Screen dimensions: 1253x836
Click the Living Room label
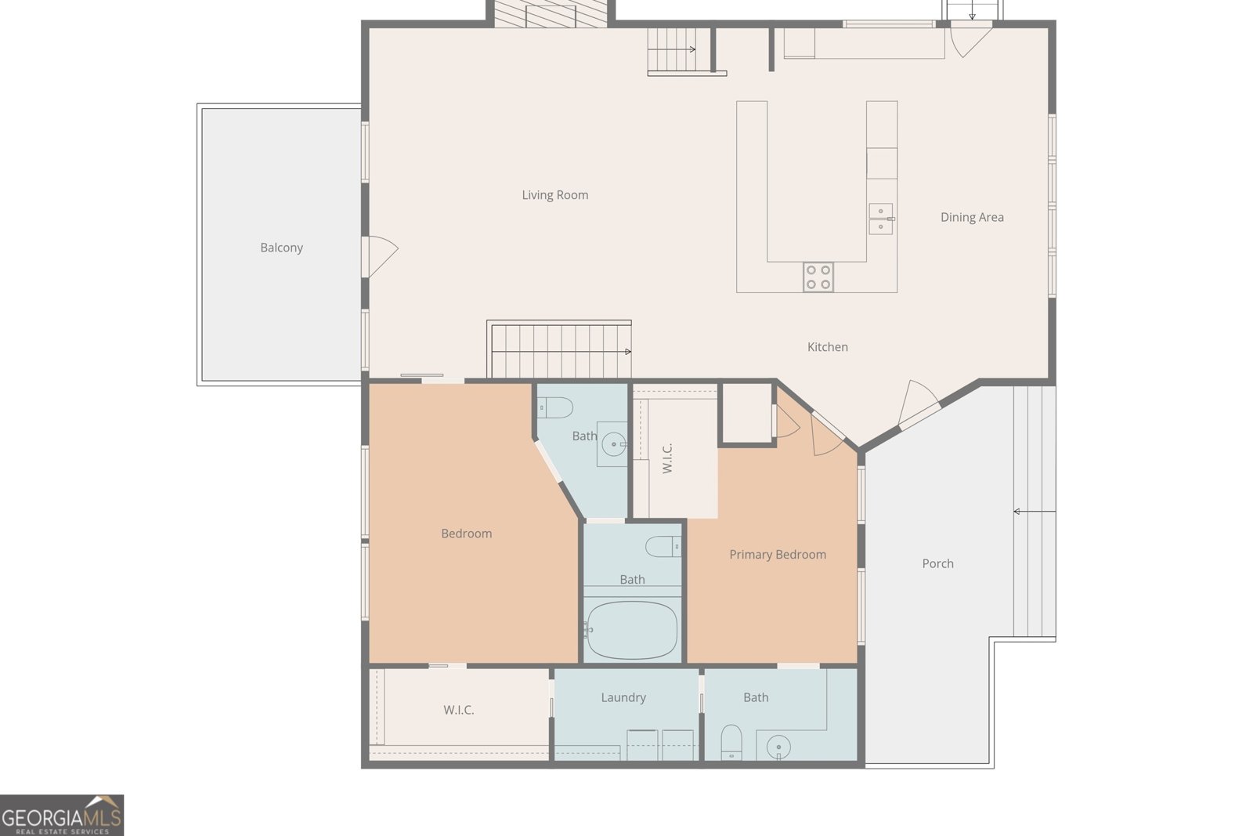tap(555, 195)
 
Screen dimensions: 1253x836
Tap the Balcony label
tap(281, 248)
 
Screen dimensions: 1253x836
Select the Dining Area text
tap(972, 217)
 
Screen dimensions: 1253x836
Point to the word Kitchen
tap(827, 347)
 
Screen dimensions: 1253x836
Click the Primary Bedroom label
tap(778, 555)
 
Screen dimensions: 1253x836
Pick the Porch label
tap(937, 563)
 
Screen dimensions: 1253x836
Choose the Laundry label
tap(623, 698)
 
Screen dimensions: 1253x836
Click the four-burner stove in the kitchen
tap(818, 277)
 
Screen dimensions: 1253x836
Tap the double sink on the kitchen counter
tap(881, 219)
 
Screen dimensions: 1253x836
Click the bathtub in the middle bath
tap(632, 630)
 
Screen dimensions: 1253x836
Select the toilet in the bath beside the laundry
tap(731, 742)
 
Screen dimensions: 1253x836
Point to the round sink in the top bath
tap(614, 444)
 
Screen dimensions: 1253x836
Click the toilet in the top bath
tap(555, 407)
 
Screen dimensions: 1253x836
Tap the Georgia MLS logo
tap(62, 816)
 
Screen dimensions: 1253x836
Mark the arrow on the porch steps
tap(1035, 512)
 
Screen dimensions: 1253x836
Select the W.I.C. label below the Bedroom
tap(459, 710)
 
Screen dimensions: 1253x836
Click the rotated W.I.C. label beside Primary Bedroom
tap(666, 458)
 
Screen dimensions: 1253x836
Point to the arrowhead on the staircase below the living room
tap(628, 352)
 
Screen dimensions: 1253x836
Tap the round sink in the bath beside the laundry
tap(778, 747)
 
